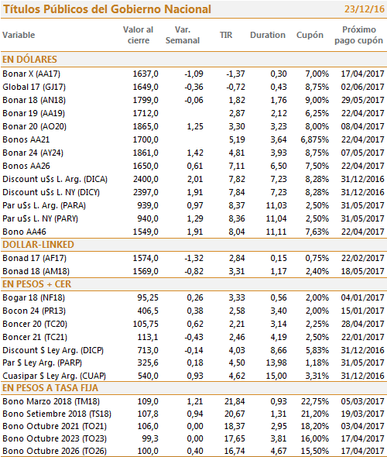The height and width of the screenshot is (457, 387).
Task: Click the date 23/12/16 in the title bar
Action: tap(365, 9)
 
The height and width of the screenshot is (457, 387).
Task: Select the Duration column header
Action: tap(268, 35)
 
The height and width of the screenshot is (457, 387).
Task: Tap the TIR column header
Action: tap(226, 35)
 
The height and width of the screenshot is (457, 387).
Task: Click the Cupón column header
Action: tap(310, 36)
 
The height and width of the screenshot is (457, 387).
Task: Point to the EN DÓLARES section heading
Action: tap(29, 59)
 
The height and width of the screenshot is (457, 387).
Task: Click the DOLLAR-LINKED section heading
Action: tap(38, 245)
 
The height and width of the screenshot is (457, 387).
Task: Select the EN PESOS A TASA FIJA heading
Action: tap(50, 388)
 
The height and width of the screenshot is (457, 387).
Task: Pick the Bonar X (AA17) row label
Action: tap(32, 74)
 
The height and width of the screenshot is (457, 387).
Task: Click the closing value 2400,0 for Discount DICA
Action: tap(146, 179)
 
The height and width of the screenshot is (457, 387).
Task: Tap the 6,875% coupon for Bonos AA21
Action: tap(315, 139)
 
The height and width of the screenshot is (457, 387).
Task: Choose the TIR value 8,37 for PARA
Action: tap(237, 205)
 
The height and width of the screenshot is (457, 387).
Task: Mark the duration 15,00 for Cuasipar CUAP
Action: tap(276, 376)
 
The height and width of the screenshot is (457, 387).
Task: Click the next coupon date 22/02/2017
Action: tap(363, 258)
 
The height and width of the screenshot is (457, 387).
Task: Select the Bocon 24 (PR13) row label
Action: tap(34, 311)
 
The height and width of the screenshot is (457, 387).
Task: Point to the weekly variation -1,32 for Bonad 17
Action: tap(194, 258)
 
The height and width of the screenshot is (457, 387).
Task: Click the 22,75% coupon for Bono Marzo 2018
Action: tap(315, 401)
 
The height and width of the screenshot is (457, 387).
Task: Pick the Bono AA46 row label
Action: tap(25, 232)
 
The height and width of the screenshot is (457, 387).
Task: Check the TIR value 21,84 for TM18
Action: tap(235, 401)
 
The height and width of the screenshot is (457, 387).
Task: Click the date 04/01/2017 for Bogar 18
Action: tap(363, 297)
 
